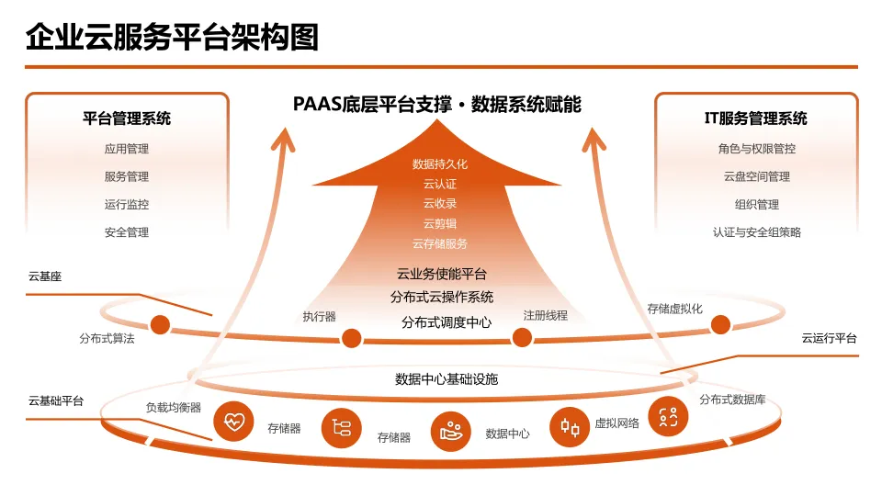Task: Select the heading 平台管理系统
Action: tap(127, 118)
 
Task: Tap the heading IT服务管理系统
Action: tap(756, 118)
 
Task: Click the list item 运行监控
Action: tap(127, 205)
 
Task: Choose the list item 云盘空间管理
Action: tap(756, 176)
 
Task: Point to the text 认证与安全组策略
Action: tap(756, 232)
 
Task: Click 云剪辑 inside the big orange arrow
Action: tap(440, 224)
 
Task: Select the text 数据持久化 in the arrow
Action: tap(440, 164)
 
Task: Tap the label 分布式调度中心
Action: tap(446, 322)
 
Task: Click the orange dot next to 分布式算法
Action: tap(161, 324)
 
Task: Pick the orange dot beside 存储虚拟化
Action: tap(720, 324)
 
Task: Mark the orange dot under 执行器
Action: tap(350, 337)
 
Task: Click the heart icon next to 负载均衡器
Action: tap(233, 422)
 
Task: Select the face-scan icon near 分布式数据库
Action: tap(668, 417)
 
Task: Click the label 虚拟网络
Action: tap(616, 423)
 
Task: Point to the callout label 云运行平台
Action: tap(829, 339)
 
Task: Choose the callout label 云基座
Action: tap(45, 276)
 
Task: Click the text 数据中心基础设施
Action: tap(447, 378)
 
